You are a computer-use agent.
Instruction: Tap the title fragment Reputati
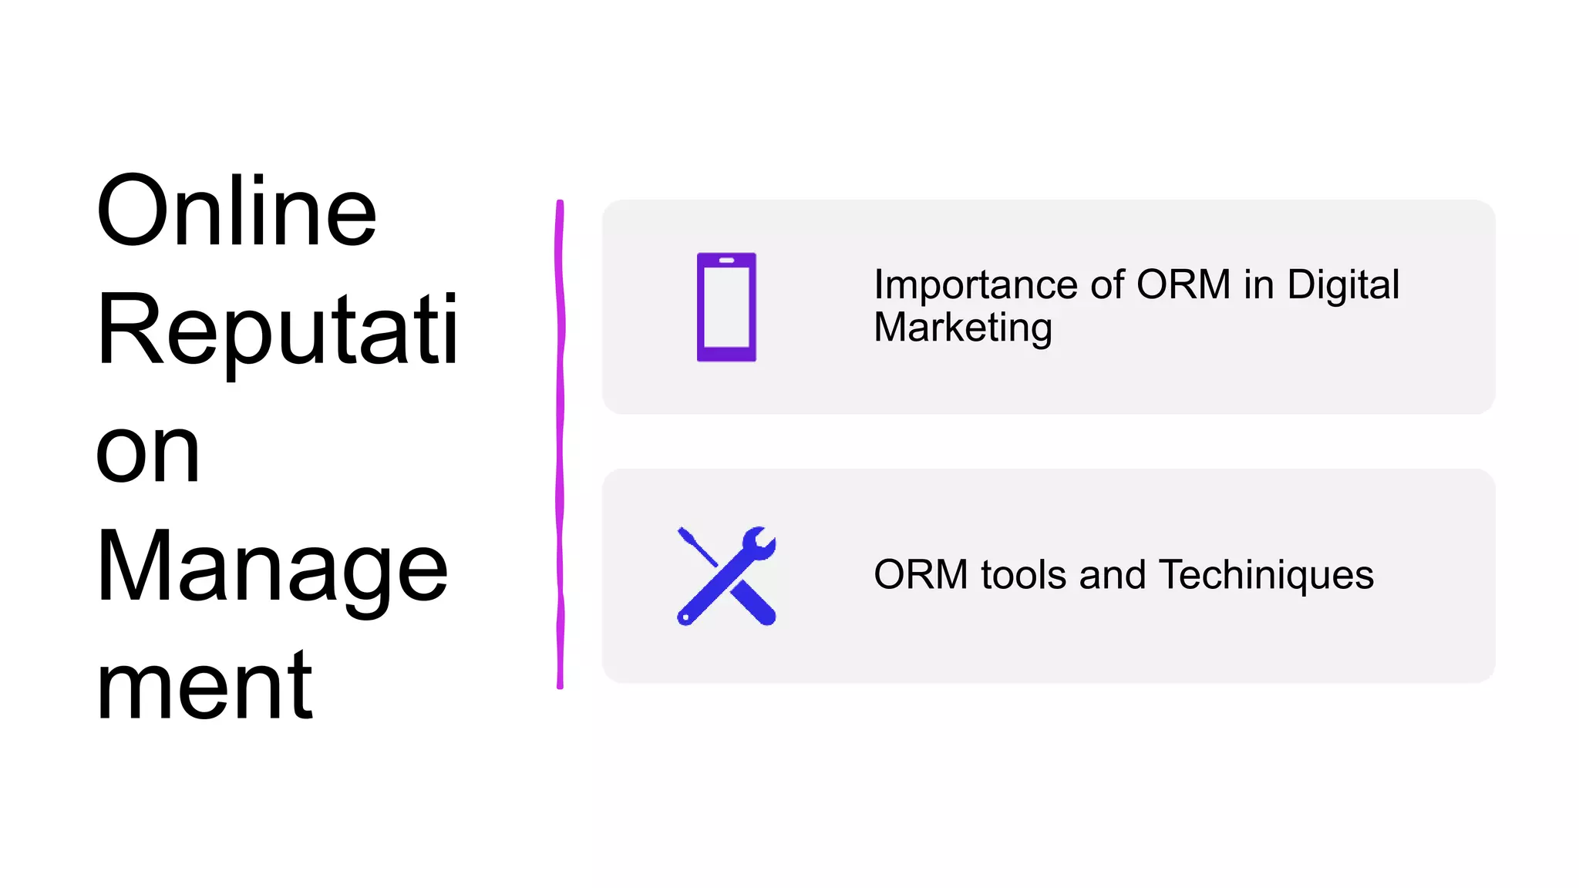point(278,330)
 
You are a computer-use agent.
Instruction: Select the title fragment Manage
point(271,568)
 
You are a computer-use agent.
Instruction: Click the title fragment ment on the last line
point(204,685)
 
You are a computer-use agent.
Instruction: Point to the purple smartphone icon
point(726,307)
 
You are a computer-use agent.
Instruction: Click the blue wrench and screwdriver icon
point(726,576)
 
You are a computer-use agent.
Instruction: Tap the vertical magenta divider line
point(560,444)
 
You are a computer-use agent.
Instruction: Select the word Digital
point(1343,284)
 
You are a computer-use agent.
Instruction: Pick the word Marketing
point(963,328)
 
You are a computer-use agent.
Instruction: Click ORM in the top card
point(1183,284)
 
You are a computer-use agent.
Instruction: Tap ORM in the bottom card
point(921,575)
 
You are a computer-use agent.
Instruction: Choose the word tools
point(1024,575)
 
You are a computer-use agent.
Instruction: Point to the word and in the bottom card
point(1113,575)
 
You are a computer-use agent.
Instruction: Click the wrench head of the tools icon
point(759,543)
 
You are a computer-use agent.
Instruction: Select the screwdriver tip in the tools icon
point(685,533)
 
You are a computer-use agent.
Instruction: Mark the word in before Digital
point(1258,284)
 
